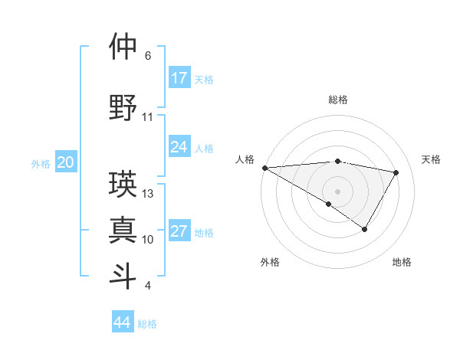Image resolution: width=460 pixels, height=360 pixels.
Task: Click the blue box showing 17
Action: [x=179, y=78]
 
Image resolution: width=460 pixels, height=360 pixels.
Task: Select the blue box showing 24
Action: [x=179, y=147]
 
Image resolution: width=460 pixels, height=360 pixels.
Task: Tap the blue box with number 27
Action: [x=179, y=232]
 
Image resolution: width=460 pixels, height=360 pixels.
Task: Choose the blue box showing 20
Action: [x=66, y=162]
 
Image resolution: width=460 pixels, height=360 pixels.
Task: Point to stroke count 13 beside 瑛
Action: [x=148, y=194]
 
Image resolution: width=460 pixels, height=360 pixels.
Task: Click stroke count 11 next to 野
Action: [x=148, y=117]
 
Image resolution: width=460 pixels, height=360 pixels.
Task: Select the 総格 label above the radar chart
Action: [x=337, y=100]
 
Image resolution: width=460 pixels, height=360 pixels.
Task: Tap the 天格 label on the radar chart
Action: [x=431, y=159]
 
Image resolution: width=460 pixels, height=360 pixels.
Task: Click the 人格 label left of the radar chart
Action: [x=245, y=159]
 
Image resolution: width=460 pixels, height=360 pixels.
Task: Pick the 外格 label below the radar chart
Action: [x=270, y=263]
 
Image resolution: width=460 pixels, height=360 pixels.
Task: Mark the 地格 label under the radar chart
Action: [x=402, y=263]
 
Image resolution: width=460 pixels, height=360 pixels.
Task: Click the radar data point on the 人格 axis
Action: [x=264, y=168]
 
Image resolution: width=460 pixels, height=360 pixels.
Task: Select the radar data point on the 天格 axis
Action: [x=396, y=172]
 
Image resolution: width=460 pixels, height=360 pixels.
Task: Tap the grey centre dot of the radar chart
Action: [x=337, y=191]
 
